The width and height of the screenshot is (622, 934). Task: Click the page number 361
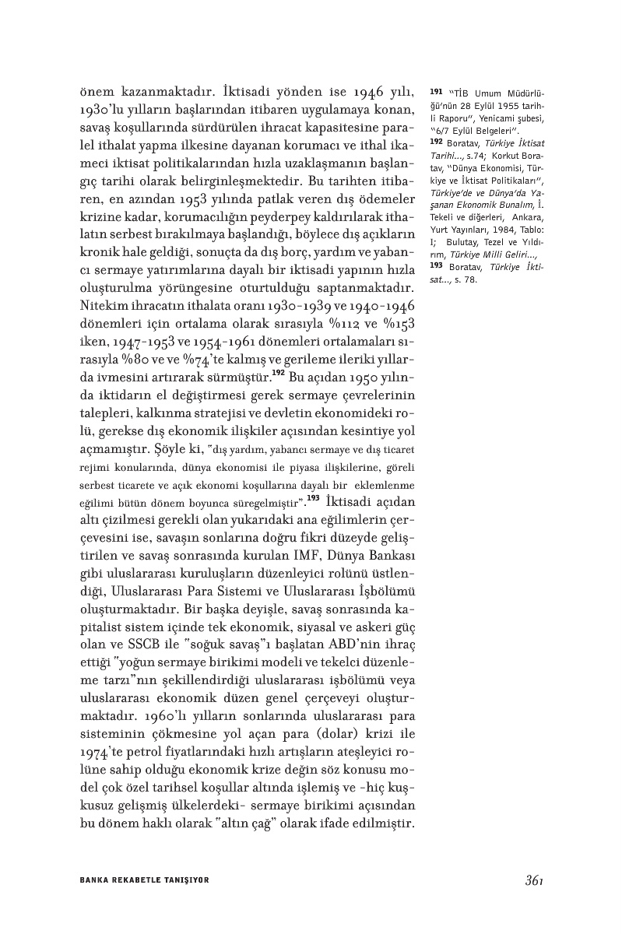[532, 880]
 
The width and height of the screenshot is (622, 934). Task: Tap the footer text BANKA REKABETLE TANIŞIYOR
[145, 880]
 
